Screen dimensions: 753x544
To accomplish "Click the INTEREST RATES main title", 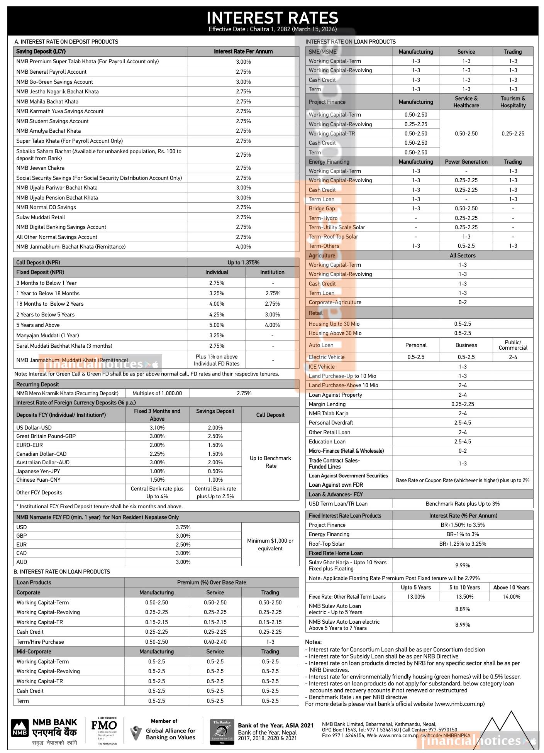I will tap(272, 18).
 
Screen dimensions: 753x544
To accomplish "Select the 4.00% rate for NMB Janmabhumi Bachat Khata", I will tap(243, 247).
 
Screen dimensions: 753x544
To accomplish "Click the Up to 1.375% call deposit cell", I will tap(243, 262).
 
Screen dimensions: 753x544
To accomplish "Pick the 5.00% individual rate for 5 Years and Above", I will tap(217, 325).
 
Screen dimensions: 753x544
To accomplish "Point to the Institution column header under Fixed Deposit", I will tap(272, 272).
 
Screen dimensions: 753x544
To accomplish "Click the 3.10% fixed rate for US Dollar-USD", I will tap(157, 428).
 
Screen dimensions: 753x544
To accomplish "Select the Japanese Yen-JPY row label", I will tap(38, 471).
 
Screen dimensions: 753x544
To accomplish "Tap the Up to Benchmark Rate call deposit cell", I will tap(270, 462).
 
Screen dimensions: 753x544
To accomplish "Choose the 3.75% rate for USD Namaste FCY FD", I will tap(183, 527).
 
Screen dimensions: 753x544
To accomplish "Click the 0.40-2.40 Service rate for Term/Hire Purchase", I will tap(215, 642).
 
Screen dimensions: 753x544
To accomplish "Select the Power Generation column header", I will tap(466, 162).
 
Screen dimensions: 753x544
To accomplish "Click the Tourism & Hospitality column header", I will tap(513, 102).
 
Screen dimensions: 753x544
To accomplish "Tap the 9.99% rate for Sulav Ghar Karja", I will tap(463, 565).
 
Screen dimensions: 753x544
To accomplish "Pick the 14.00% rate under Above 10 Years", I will tap(511, 597).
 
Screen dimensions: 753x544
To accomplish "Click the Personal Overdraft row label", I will tap(331, 423).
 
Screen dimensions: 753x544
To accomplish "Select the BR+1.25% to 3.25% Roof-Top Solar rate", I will tap(463, 544).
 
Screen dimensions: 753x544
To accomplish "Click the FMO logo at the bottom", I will tap(104, 726).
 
